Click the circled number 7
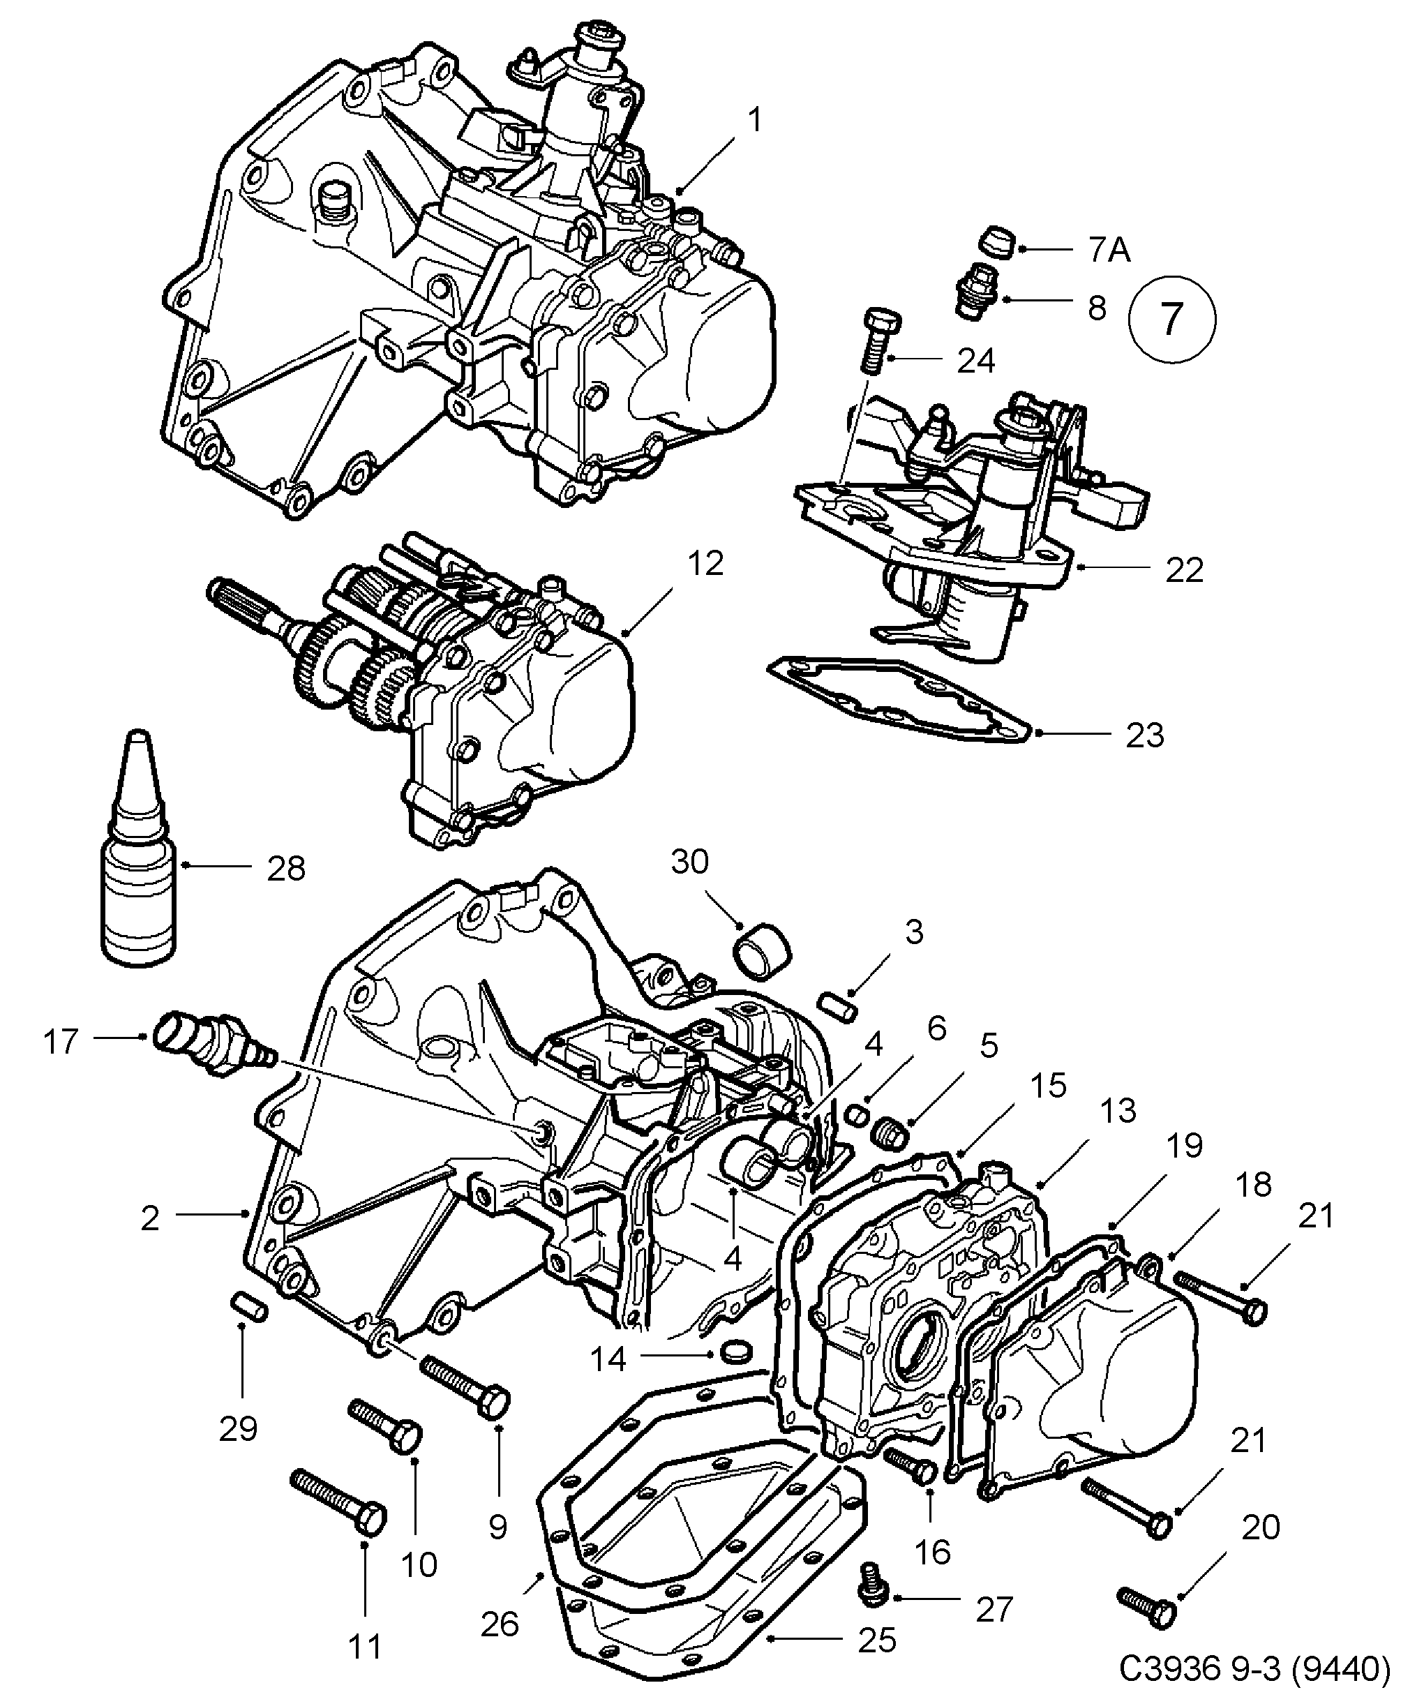[1171, 320]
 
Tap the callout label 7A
[1109, 250]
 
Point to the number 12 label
[705, 563]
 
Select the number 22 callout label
[1184, 570]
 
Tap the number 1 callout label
[754, 121]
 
